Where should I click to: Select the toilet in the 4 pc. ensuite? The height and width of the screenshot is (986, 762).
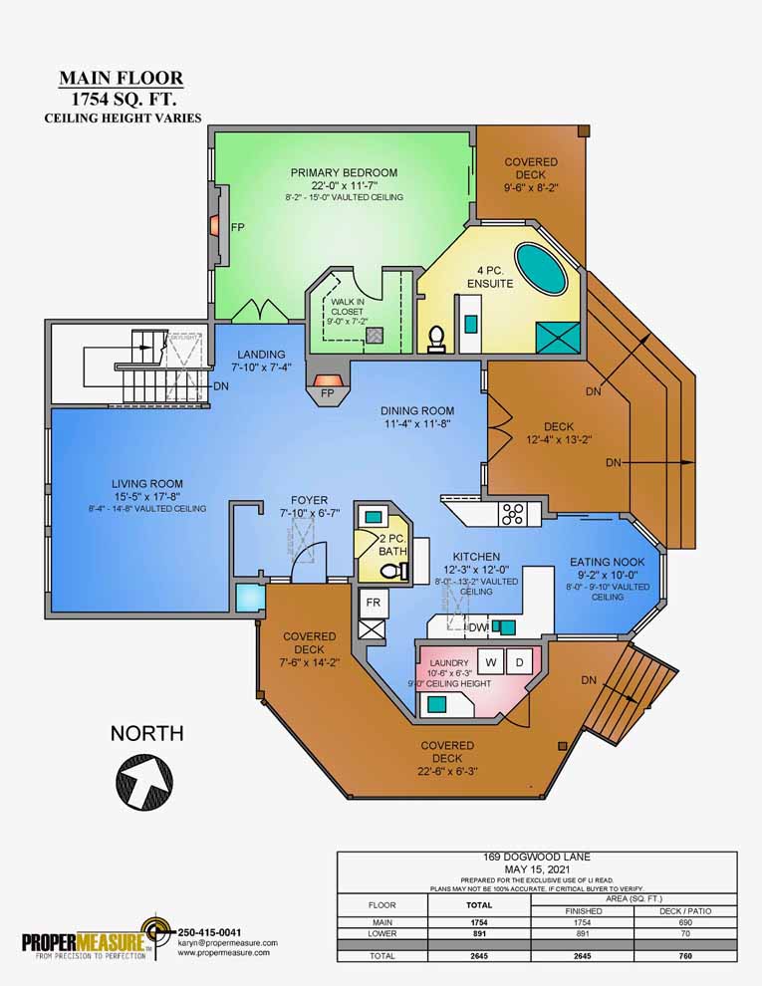[435, 341]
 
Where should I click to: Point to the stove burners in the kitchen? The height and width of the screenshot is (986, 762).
[512, 514]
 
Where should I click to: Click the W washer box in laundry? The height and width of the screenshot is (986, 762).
[490, 661]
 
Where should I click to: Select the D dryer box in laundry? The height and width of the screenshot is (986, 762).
[519, 661]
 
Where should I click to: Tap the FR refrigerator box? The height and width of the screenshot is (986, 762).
[373, 603]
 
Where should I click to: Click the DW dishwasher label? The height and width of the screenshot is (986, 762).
[478, 627]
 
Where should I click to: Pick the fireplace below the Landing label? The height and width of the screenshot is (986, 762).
[327, 380]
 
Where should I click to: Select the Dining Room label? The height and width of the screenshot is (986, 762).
[417, 410]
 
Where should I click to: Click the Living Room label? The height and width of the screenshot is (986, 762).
[146, 484]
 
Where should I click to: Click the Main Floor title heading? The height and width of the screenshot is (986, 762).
[121, 78]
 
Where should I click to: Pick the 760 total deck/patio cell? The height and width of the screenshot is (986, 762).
[685, 955]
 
